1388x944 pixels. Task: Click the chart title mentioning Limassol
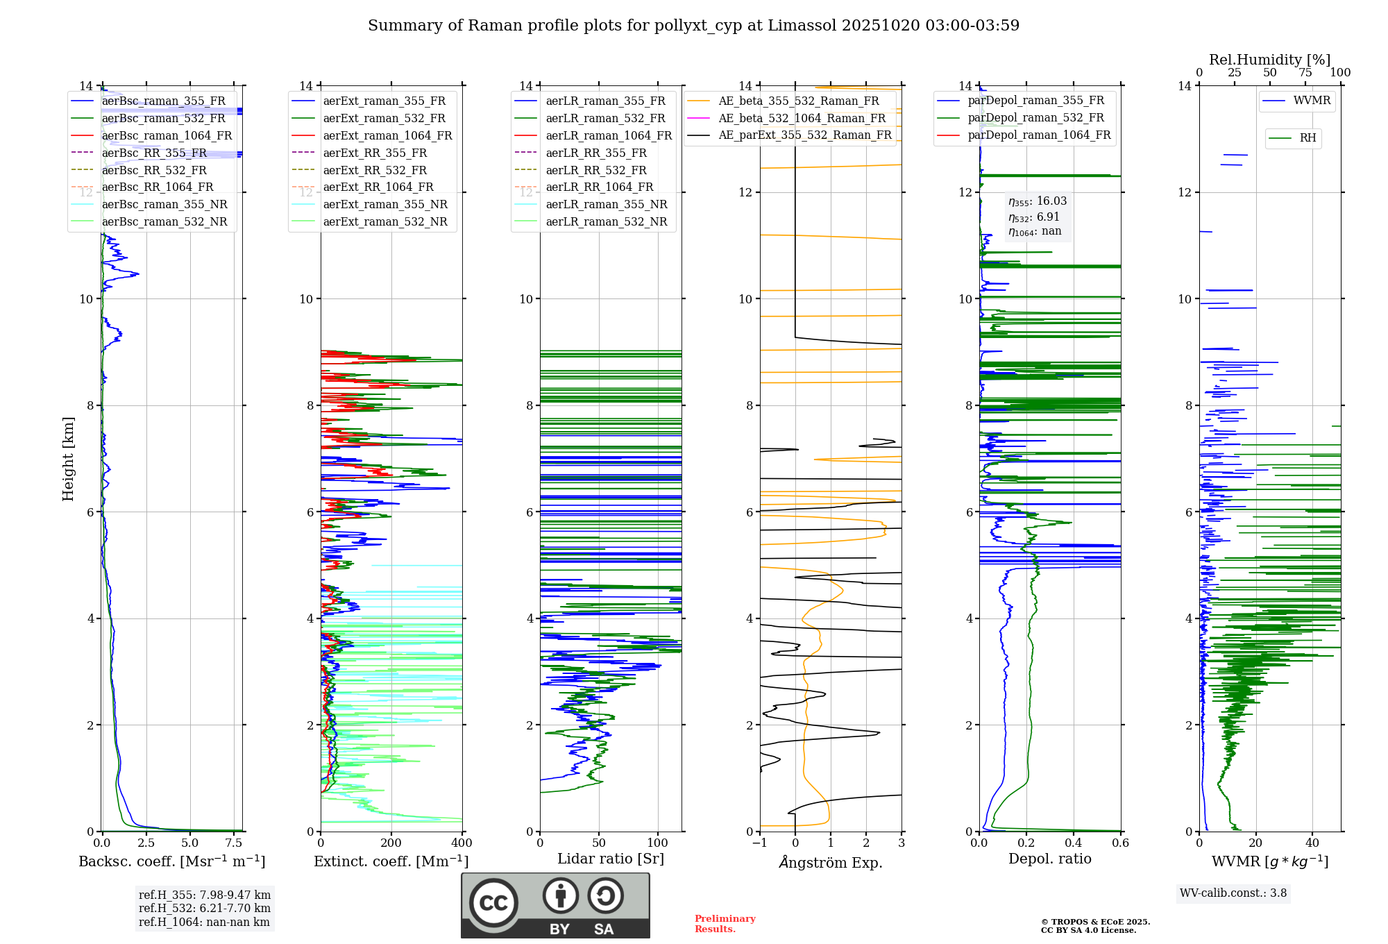click(x=693, y=26)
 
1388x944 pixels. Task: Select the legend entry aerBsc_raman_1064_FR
click(x=167, y=136)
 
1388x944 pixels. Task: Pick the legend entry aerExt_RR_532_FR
click(x=375, y=171)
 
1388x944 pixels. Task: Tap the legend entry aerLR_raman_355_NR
click(x=606, y=205)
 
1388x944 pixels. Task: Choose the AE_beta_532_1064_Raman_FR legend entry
click(x=802, y=119)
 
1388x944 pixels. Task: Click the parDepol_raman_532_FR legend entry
click(x=1035, y=118)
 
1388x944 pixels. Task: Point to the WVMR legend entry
click(x=1312, y=101)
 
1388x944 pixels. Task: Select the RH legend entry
click(x=1307, y=138)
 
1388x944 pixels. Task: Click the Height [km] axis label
click(x=68, y=458)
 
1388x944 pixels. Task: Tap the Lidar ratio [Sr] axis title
click(x=611, y=859)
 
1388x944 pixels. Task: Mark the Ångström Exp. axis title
click(x=831, y=863)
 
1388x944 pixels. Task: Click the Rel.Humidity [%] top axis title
click(x=1269, y=60)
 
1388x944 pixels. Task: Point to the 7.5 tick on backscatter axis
click(x=234, y=843)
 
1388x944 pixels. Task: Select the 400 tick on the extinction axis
click(x=462, y=843)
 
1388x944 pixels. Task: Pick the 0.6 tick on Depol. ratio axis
click(x=1120, y=843)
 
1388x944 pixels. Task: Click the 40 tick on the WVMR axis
click(x=1312, y=843)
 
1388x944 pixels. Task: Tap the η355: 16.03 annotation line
click(x=1038, y=201)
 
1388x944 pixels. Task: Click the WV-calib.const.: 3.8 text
click(x=1233, y=893)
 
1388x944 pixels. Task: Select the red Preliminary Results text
click(x=725, y=924)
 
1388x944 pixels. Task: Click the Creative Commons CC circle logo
click(x=493, y=903)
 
